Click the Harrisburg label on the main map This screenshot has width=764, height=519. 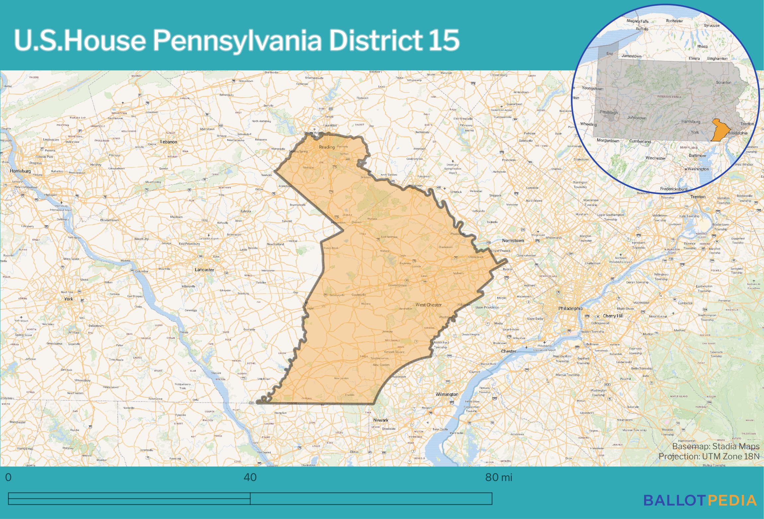coord(20,171)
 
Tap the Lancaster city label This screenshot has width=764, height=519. coord(204,270)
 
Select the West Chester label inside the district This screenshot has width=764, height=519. coord(428,305)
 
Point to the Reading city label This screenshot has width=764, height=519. coord(327,147)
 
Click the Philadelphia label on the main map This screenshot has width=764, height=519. coord(570,308)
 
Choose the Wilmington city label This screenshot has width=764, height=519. coord(447,394)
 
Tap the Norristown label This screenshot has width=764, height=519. coord(513,240)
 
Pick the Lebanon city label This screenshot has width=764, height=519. coord(169,142)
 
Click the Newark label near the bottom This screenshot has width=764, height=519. coord(381,420)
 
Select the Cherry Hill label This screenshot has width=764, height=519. coord(613,316)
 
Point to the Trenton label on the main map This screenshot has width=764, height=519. coord(698,197)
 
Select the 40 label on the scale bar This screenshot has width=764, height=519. coord(250,477)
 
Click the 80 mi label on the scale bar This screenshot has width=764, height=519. coord(498,477)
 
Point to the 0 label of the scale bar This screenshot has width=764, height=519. coord(8,477)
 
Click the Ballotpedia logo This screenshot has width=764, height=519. coord(700,500)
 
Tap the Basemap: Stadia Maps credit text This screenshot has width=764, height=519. coord(716,446)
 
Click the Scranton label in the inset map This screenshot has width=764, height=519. coord(724,82)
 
